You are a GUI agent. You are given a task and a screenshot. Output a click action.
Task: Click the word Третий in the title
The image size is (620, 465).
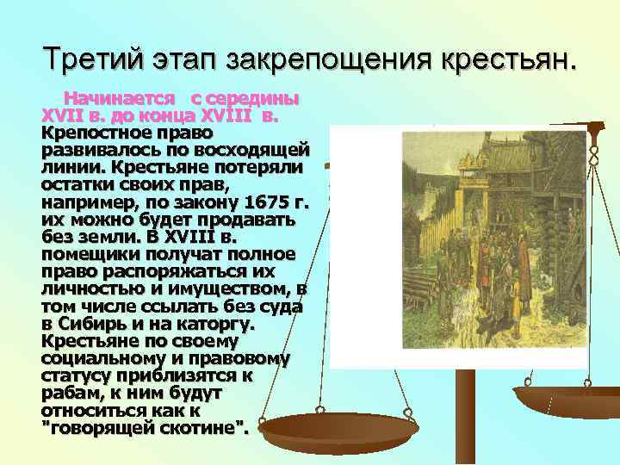click(x=90, y=59)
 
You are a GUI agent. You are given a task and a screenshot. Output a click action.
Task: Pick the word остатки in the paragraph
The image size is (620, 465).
click(x=77, y=184)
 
